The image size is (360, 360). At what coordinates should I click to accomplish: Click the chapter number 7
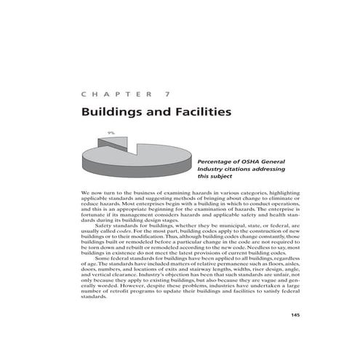[x=169, y=94]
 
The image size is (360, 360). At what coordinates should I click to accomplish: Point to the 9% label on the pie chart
[x=111, y=132]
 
